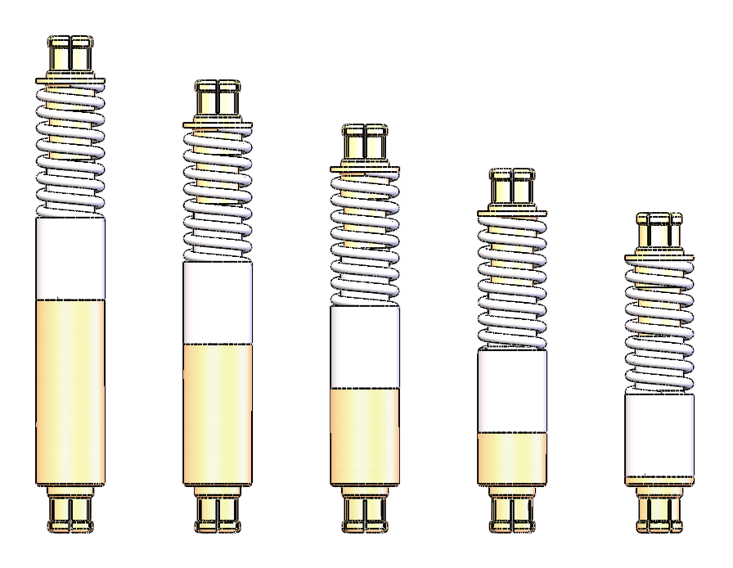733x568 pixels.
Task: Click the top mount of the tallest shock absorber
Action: [x=71, y=56]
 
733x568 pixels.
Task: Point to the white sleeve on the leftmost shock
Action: [x=70, y=258]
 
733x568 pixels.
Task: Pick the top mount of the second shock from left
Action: [x=218, y=100]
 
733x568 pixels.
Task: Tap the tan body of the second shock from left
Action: [x=218, y=414]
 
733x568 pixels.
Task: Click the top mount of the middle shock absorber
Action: [x=365, y=144]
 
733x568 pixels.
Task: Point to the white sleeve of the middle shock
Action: [x=365, y=346]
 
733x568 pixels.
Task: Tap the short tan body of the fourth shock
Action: [x=512, y=458]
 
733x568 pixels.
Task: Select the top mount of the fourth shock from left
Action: [x=512, y=188]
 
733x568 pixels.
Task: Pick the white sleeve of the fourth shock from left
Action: [x=512, y=390]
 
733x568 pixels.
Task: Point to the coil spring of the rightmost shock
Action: [x=659, y=327]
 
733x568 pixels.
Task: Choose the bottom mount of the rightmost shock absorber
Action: [x=659, y=512]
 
